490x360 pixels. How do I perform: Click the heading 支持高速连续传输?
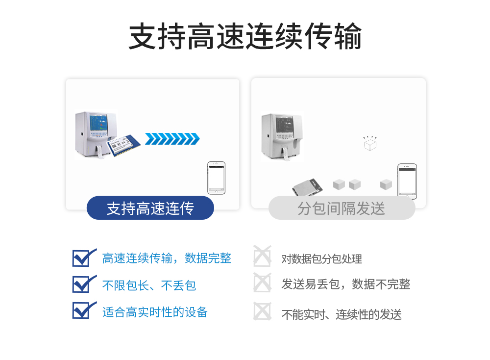pos(245,36)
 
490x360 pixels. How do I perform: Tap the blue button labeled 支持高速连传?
pos(150,208)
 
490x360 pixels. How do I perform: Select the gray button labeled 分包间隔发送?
pos(342,208)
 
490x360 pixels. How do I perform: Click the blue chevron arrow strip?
pos(172,139)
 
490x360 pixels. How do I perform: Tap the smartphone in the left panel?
pos(216,178)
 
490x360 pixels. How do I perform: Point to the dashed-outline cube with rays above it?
pos(369,143)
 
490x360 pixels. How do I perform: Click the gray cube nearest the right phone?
pos(386,185)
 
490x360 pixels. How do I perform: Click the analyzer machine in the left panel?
pos(96,135)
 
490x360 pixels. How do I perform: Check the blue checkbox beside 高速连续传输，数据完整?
pos(82,257)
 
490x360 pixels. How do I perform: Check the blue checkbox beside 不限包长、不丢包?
pos(82,284)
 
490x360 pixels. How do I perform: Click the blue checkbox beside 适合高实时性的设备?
pos(82,310)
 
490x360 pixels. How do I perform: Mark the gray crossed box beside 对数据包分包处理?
pos(262,257)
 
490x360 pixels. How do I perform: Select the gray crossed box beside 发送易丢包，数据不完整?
pos(262,283)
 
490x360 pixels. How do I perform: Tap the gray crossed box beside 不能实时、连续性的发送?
pos(262,311)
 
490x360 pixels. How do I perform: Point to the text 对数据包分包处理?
pos(321,259)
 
